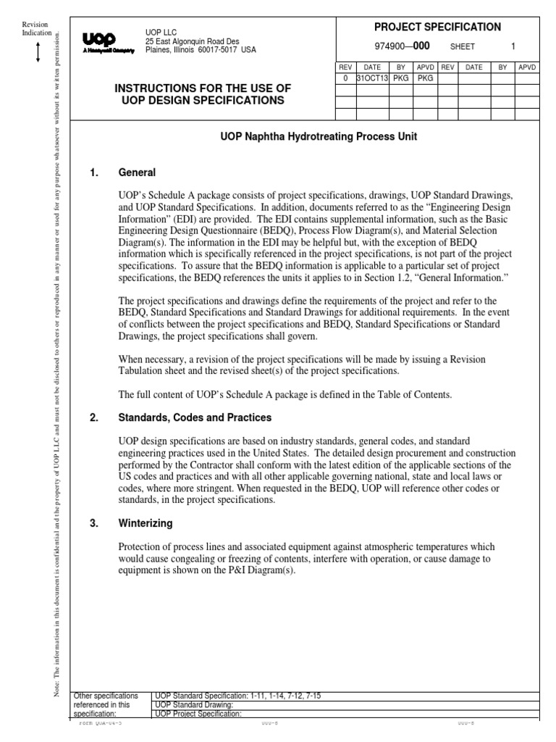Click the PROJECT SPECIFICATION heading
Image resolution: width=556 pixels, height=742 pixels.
point(437,27)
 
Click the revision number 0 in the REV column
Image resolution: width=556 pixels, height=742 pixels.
point(345,78)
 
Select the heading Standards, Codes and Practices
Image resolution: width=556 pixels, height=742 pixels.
point(195,418)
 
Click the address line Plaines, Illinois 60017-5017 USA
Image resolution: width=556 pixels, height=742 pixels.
point(201,50)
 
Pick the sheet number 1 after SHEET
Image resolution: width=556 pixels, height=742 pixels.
point(513,46)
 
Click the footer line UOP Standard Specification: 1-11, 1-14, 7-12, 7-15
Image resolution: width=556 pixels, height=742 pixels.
point(238,696)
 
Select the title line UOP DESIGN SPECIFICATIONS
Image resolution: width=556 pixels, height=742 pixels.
point(203,100)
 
